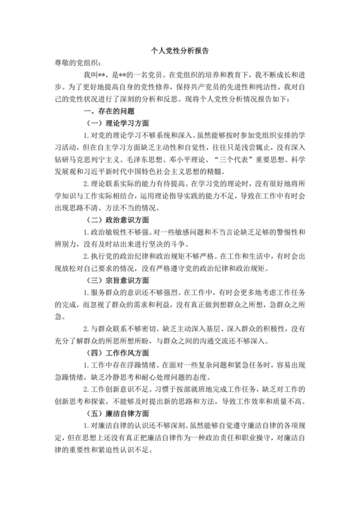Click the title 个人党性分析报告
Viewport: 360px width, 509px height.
[x=179, y=49]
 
